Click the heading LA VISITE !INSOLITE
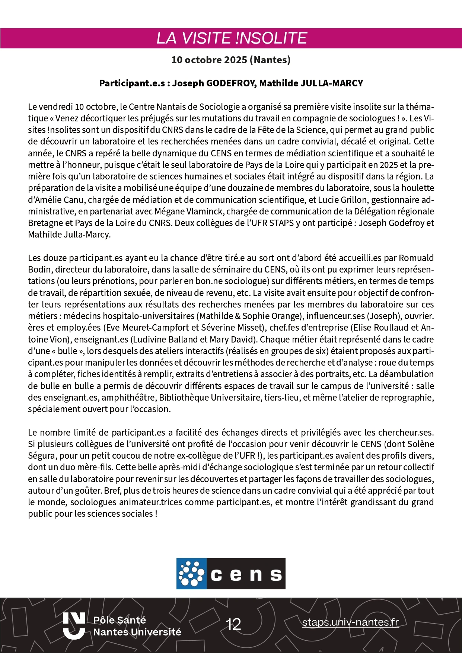click(232, 38)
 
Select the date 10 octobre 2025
click(209, 60)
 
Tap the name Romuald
click(416, 258)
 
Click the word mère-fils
click(93, 467)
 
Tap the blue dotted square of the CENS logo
click(191, 573)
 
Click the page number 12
click(233, 624)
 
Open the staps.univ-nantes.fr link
click(350, 622)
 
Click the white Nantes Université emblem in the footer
click(74, 625)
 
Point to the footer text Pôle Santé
click(119, 620)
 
